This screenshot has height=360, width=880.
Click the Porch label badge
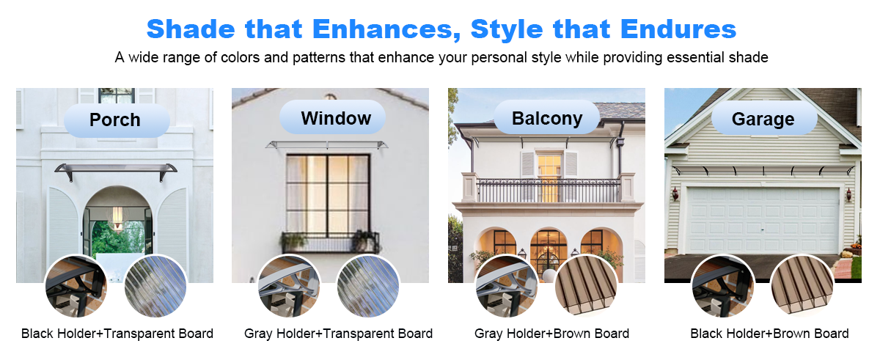click(117, 120)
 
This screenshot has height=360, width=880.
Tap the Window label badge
click(332, 117)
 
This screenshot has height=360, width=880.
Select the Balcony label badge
click(546, 117)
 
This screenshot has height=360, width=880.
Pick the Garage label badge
click(764, 118)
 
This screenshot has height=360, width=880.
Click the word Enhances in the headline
click(386, 30)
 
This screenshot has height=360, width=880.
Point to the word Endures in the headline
click(678, 29)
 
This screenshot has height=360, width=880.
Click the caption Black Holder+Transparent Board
click(117, 334)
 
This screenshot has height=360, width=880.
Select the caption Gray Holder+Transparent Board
click(338, 334)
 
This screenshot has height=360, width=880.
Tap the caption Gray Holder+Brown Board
click(551, 334)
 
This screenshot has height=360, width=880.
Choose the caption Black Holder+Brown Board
click(769, 334)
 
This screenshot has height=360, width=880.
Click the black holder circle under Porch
click(76, 286)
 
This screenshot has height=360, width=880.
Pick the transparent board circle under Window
click(368, 286)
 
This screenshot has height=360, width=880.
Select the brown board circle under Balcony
click(586, 286)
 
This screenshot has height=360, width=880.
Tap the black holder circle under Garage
click(723, 286)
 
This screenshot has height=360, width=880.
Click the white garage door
click(763, 220)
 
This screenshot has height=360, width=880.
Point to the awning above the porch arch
click(116, 169)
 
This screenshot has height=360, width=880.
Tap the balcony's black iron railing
click(548, 191)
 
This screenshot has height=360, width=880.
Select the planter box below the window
click(330, 242)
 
